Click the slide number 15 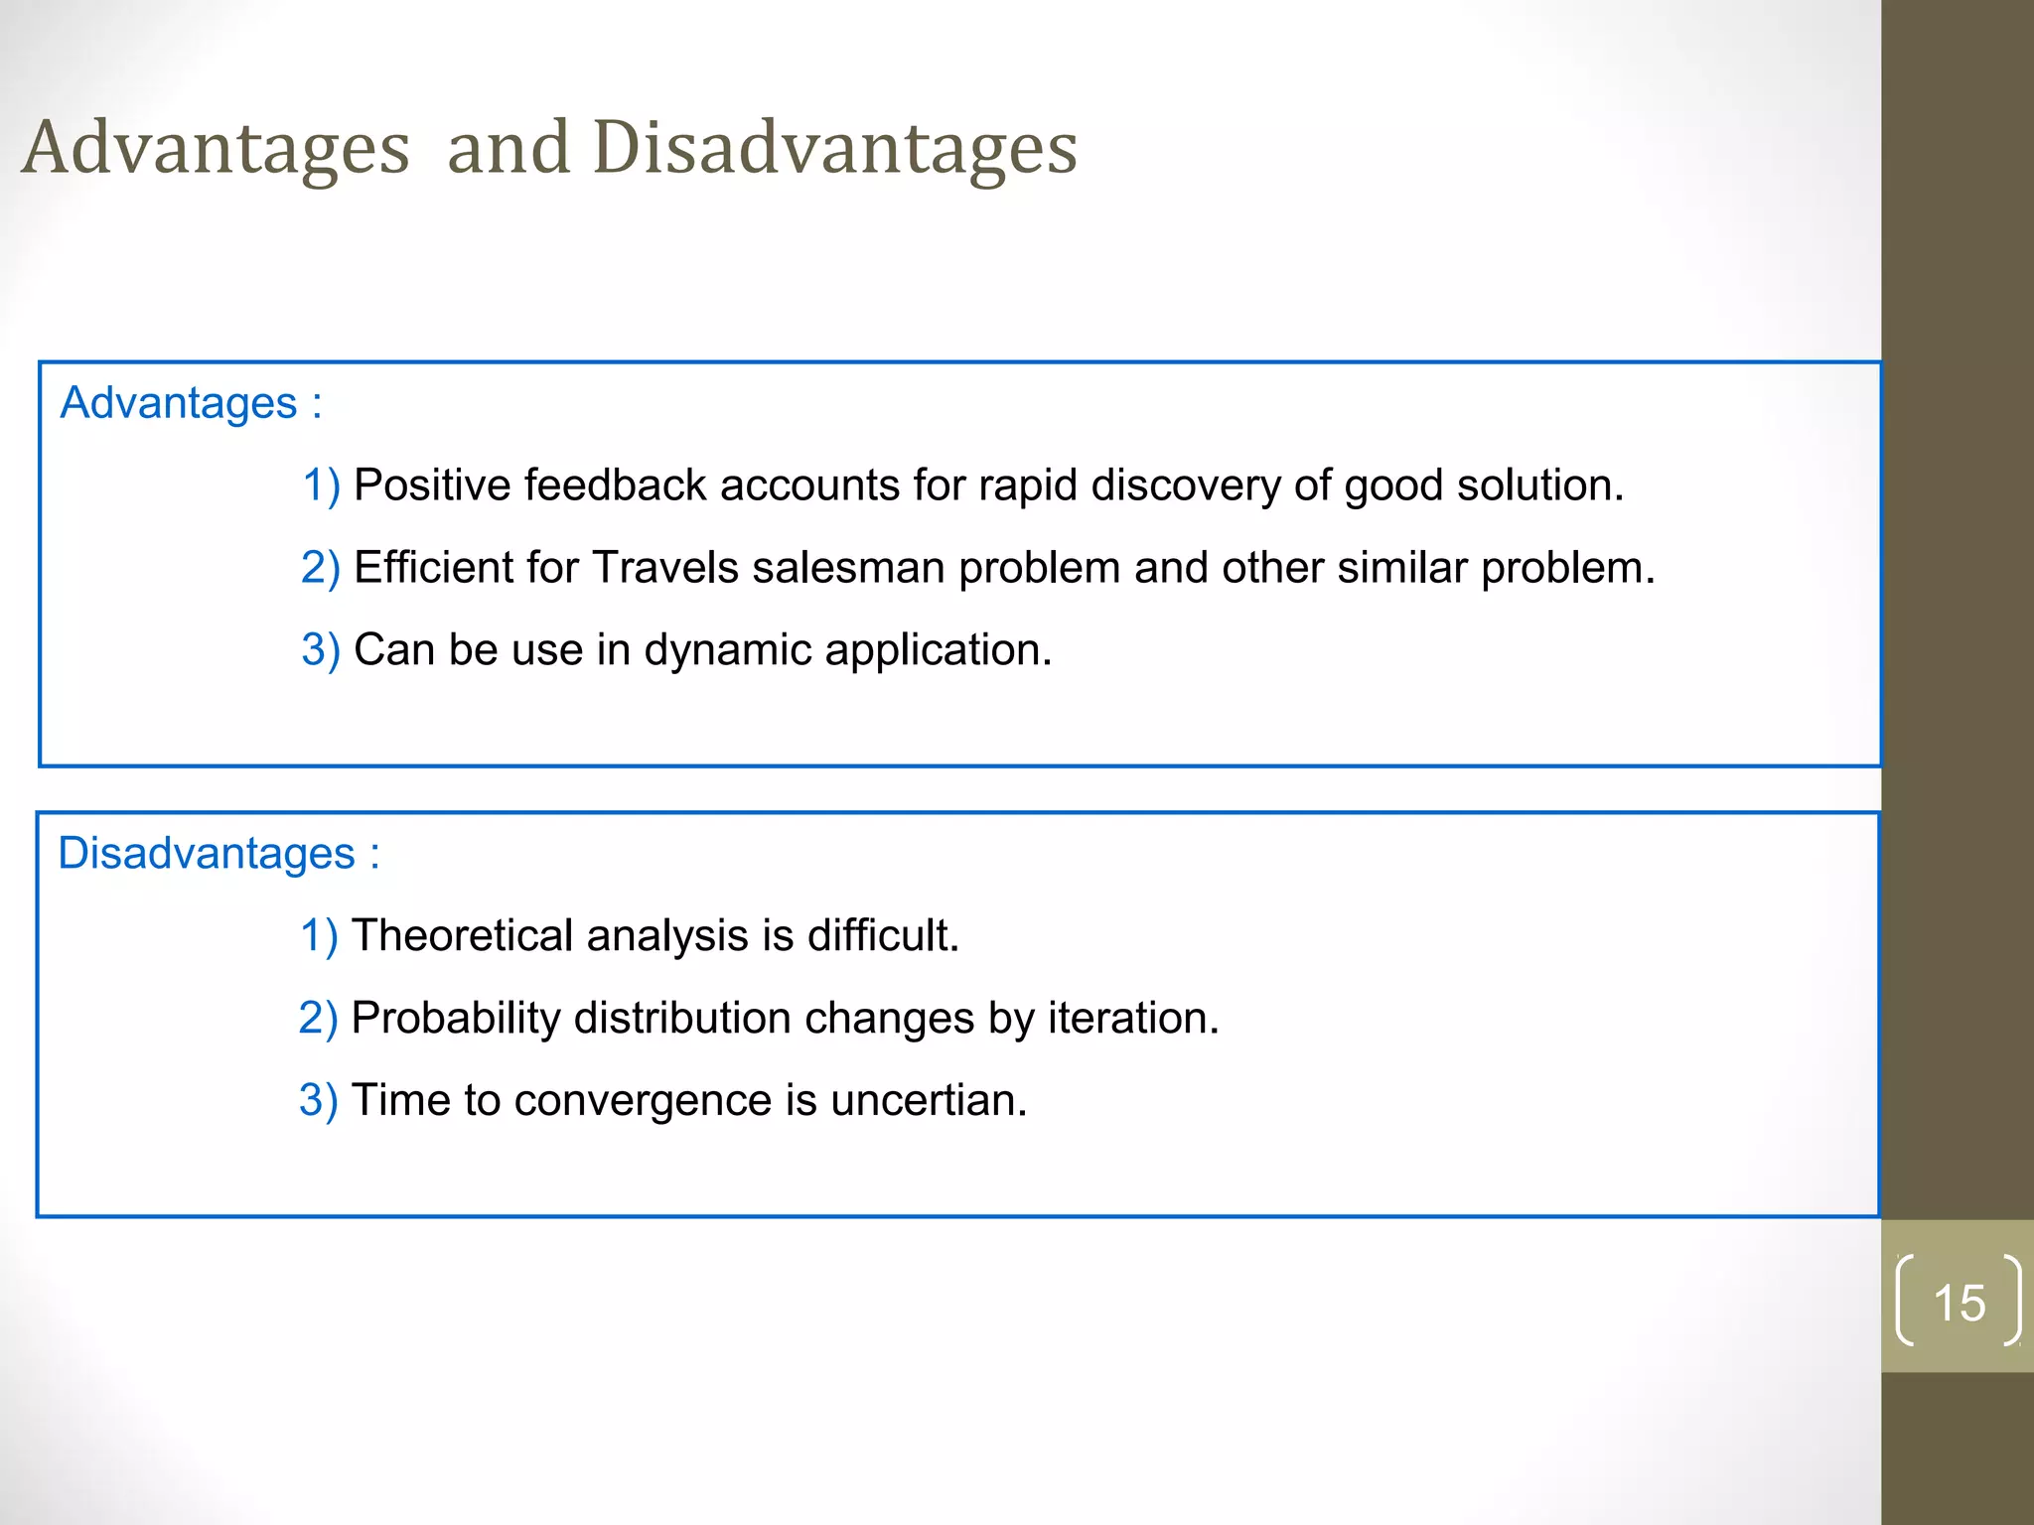1959,1303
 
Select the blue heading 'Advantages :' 191,403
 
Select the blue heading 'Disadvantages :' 218,854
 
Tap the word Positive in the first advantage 431,485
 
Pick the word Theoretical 463,936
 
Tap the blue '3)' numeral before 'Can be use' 320,650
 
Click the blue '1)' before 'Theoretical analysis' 318,936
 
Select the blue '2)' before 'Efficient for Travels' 320,568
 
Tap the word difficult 882,936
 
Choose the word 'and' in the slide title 508,149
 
